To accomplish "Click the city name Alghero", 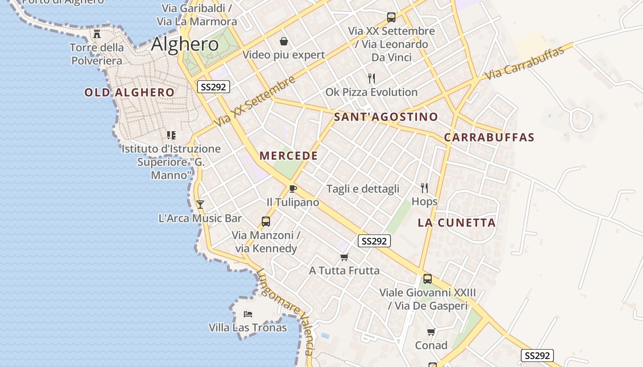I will pos(185,44).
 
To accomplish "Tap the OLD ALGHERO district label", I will pos(130,92).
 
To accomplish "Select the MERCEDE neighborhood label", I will pos(288,156).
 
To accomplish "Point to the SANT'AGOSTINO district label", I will pos(386,117).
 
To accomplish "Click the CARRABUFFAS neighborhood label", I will pos(489,137).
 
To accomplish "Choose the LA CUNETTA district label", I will pos(457,223).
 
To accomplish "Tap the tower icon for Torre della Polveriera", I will pos(97,33).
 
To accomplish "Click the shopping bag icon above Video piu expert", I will pos(284,42).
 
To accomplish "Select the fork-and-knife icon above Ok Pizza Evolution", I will pos(372,78).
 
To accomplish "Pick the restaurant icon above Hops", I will pos(424,188).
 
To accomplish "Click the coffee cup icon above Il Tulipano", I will pos(293,189).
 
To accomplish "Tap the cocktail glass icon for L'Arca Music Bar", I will pos(200,204).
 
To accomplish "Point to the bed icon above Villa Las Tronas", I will pos(248,314).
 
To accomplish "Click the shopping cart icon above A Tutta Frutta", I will pos(344,257).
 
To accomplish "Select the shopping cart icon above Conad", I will pos(431,332).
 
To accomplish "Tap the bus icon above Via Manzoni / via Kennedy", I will pos(265,222).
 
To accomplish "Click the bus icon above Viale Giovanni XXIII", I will pos(427,278).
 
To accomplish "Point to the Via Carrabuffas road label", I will pos(524,63).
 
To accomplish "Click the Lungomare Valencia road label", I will pos(286,312).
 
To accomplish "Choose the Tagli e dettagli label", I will pos(363,189).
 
